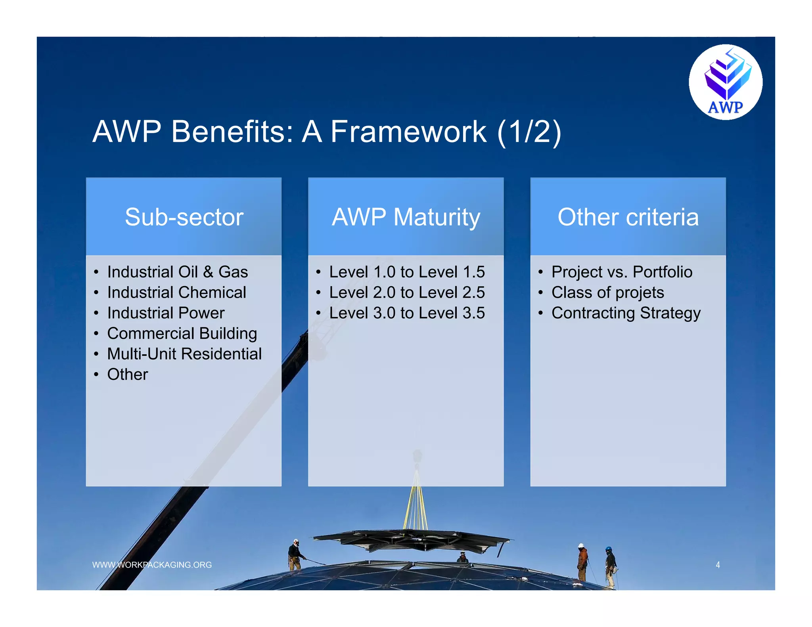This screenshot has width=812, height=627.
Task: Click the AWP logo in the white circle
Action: tap(725, 82)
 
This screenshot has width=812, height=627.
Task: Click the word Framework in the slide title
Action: tap(408, 132)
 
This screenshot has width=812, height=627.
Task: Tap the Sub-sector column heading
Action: tap(184, 217)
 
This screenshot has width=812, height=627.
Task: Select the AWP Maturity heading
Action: tap(406, 217)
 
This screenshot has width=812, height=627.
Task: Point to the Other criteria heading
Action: tap(628, 217)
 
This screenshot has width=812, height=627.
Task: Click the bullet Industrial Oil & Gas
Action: tap(177, 272)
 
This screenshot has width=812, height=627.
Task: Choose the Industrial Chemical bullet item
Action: tap(176, 292)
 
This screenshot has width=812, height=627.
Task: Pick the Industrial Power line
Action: tap(166, 313)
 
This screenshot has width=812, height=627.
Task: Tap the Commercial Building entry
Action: tap(182, 333)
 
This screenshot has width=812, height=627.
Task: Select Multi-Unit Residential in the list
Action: tap(184, 354)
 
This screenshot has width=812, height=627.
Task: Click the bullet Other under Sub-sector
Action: tap(127, 375)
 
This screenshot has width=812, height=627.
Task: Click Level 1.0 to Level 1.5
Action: tap(407, 272)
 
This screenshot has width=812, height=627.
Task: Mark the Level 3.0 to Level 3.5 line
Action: tap(407, 313)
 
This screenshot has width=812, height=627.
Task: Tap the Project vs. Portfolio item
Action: tap(622, 272)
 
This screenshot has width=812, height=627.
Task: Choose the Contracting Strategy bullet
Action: tap(626, 313)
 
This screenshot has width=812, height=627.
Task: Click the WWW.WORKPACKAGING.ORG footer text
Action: tap(152, 565)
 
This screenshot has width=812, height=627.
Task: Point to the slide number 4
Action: tap(718, 565)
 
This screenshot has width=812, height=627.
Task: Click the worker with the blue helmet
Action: tap(610, 565)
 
